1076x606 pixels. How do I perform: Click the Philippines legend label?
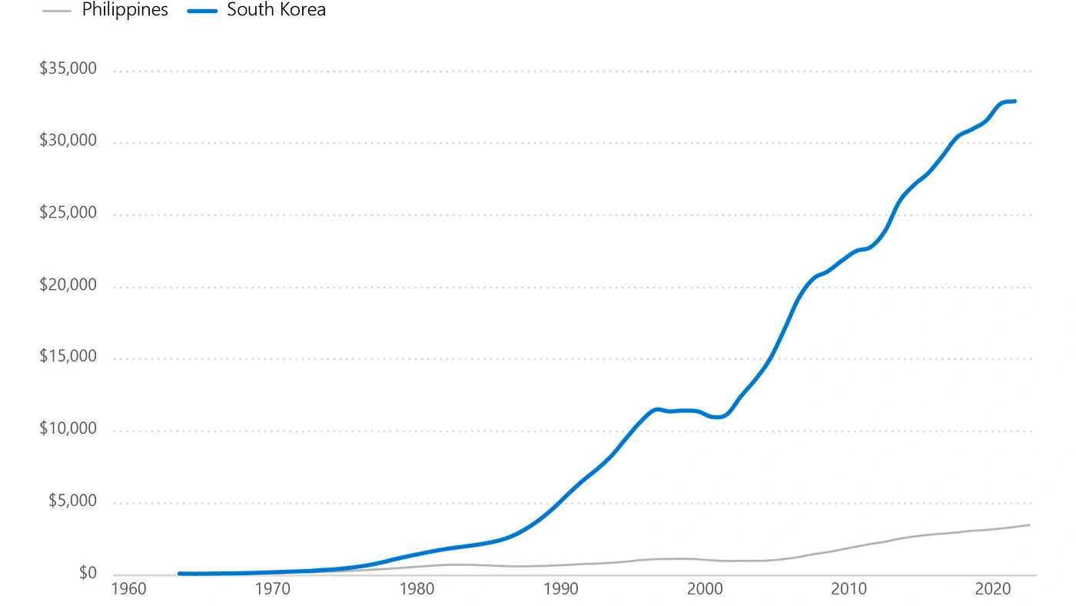pos(125,11)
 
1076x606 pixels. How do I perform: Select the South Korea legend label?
pos(276,11)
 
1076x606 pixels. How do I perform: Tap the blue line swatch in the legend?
pos(202,11)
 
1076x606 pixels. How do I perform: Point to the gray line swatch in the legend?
pos(58,11)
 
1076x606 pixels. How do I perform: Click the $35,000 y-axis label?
pos(68,69)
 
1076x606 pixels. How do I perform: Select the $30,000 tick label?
pos(68,142)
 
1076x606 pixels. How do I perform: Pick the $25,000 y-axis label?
pos(68,213)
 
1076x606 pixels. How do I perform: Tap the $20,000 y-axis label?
pos(68,285)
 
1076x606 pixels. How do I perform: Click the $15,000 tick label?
pos(68,358)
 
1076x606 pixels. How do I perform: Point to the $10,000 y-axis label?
pos(68,429)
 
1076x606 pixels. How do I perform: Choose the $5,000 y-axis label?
pos(72,501)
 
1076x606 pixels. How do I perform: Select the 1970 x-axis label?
pos(271,590)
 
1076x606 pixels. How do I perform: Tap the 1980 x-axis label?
pos(416,590)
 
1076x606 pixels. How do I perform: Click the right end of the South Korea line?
pos(1015,101)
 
